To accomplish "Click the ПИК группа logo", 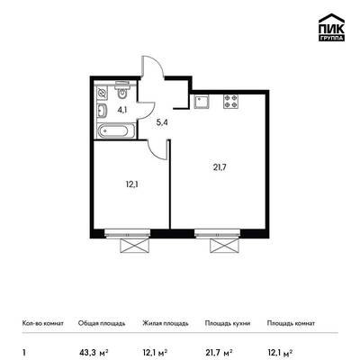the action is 331,28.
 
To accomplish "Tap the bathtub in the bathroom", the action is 116,131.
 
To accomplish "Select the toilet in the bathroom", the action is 122,90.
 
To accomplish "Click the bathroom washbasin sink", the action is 102,111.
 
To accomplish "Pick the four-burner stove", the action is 231,102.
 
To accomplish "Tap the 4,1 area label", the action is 122,110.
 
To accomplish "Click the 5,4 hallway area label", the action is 162,122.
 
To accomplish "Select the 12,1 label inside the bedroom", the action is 131,184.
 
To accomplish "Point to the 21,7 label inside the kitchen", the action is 220,167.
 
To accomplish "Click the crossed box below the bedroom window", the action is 134,247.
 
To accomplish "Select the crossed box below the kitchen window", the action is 224,247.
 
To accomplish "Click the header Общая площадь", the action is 102,323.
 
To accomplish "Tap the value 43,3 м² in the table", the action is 94,351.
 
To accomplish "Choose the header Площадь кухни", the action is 228,323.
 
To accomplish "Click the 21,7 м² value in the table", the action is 219,351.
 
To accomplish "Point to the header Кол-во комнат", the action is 43,323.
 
